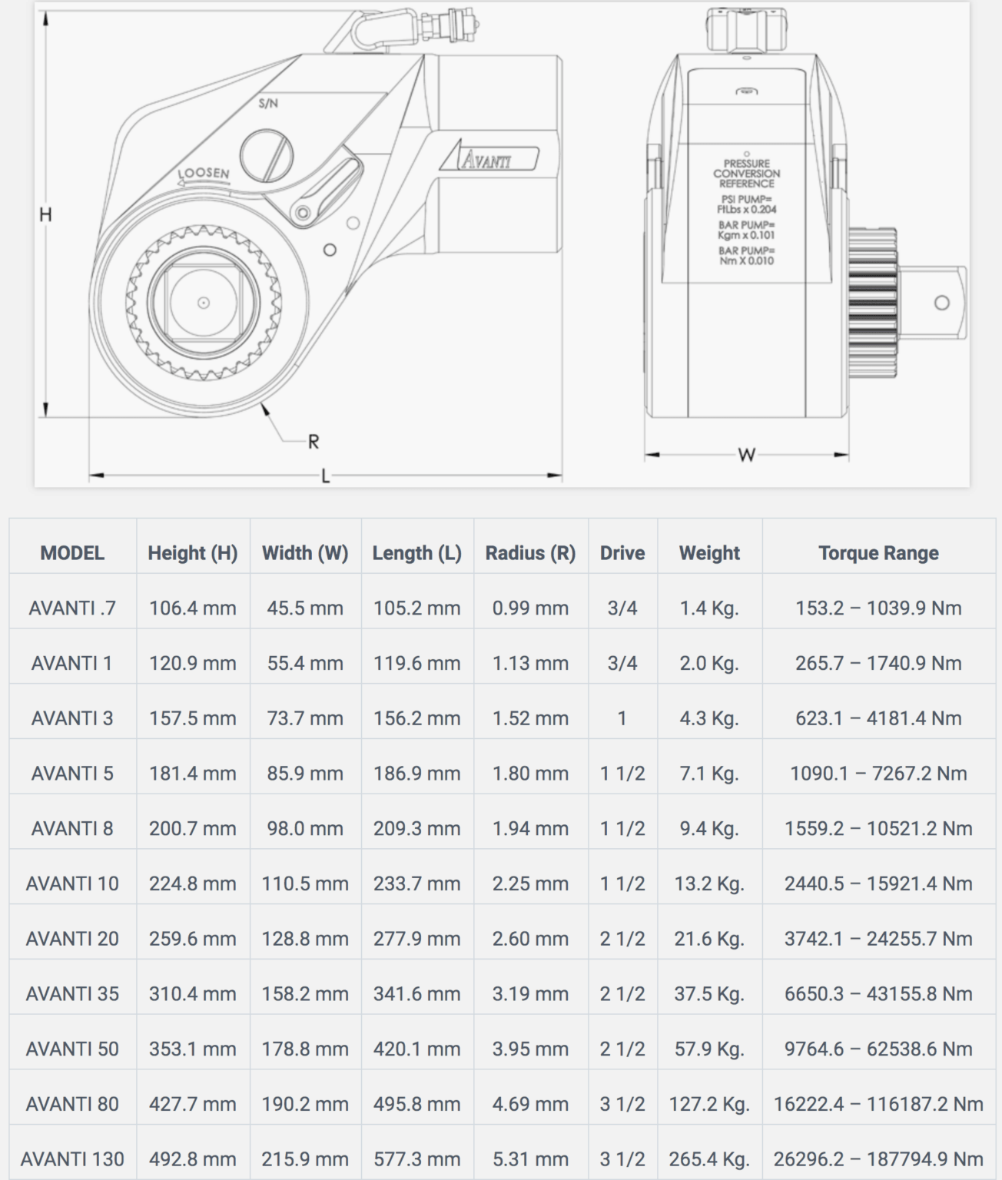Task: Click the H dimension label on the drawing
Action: (45, 215)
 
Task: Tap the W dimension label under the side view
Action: (746, 456)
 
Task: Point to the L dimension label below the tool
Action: (325, 476)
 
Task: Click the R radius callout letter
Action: (313, 442)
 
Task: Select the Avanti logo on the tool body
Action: (489, 159)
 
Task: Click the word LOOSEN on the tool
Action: (204, 174)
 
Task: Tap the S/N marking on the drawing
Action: (268, 104)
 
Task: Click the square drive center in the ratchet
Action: (204, 303)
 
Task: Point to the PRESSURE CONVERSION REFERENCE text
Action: (746, 174)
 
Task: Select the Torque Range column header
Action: (878, 553)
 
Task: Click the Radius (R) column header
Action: (530, 553)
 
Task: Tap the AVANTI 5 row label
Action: (72, 774)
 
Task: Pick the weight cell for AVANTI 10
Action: (709, 883)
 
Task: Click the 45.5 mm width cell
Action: (305, 608)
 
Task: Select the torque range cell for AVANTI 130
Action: (878, 1159)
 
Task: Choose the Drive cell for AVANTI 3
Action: (622, 718)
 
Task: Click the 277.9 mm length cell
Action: (417, 939)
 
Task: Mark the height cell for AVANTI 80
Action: (193, 1104)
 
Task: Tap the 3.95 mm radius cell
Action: (530, 1049)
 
